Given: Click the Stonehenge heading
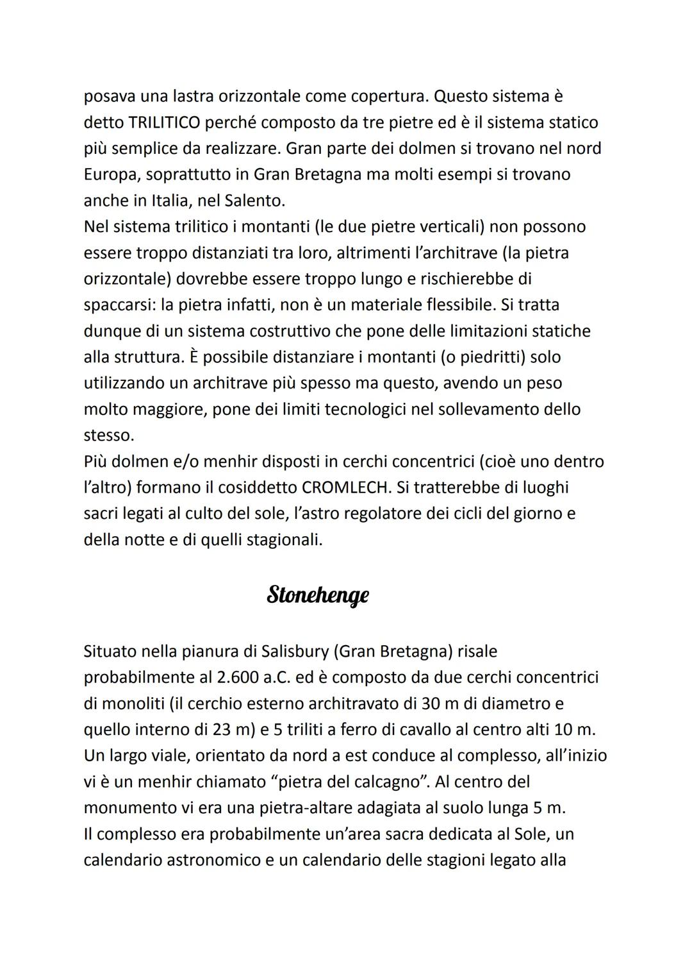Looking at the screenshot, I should pos(318,595).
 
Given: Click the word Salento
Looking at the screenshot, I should pos(254,200).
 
